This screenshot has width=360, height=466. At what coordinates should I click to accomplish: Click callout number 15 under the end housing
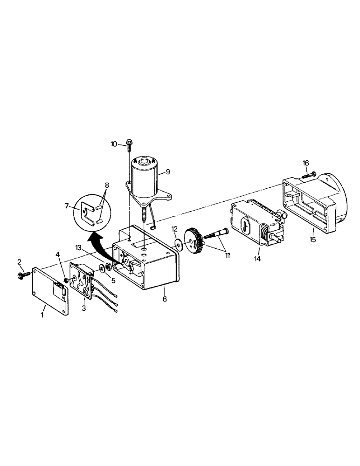pyautogui.click(x=312, y=240)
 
